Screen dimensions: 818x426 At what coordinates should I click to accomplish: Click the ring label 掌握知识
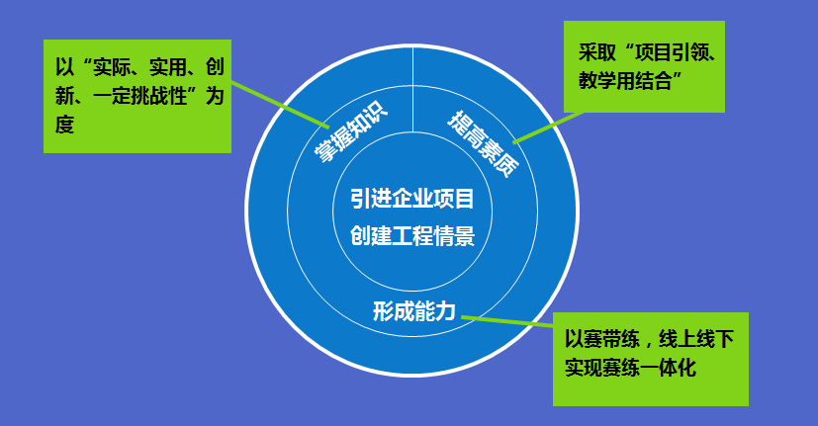[x=350, y=130]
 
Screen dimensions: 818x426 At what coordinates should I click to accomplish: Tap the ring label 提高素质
[x=484, y=144]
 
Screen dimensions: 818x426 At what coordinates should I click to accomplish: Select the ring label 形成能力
[x=414, y=311]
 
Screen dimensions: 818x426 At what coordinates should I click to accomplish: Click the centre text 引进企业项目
[x=412, y=199]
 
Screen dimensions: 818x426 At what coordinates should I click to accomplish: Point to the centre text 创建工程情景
[x=412, y=235]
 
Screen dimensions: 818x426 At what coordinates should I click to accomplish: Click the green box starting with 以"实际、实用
[x=137, y=97]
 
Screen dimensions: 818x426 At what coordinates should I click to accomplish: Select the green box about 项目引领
[x=644, y=67]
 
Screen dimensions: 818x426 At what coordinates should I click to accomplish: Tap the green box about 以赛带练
[x=651, y=359]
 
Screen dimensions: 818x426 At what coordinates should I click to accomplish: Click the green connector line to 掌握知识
[x=280, y=105]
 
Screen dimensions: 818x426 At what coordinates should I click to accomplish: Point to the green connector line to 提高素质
[x=548, y=127]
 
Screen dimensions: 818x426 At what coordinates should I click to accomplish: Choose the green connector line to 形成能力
[x=507, y=321]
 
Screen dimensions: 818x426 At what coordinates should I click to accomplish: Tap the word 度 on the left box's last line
[x=64, y=125]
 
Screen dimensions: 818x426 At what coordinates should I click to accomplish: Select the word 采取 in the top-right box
[x=597, y=52]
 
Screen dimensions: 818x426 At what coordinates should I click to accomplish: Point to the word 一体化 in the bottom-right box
[x=669, y=368]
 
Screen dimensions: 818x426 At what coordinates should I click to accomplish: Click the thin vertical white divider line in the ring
[x=412, y=89]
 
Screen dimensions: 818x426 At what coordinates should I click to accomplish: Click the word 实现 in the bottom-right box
[x=584, y=368]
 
